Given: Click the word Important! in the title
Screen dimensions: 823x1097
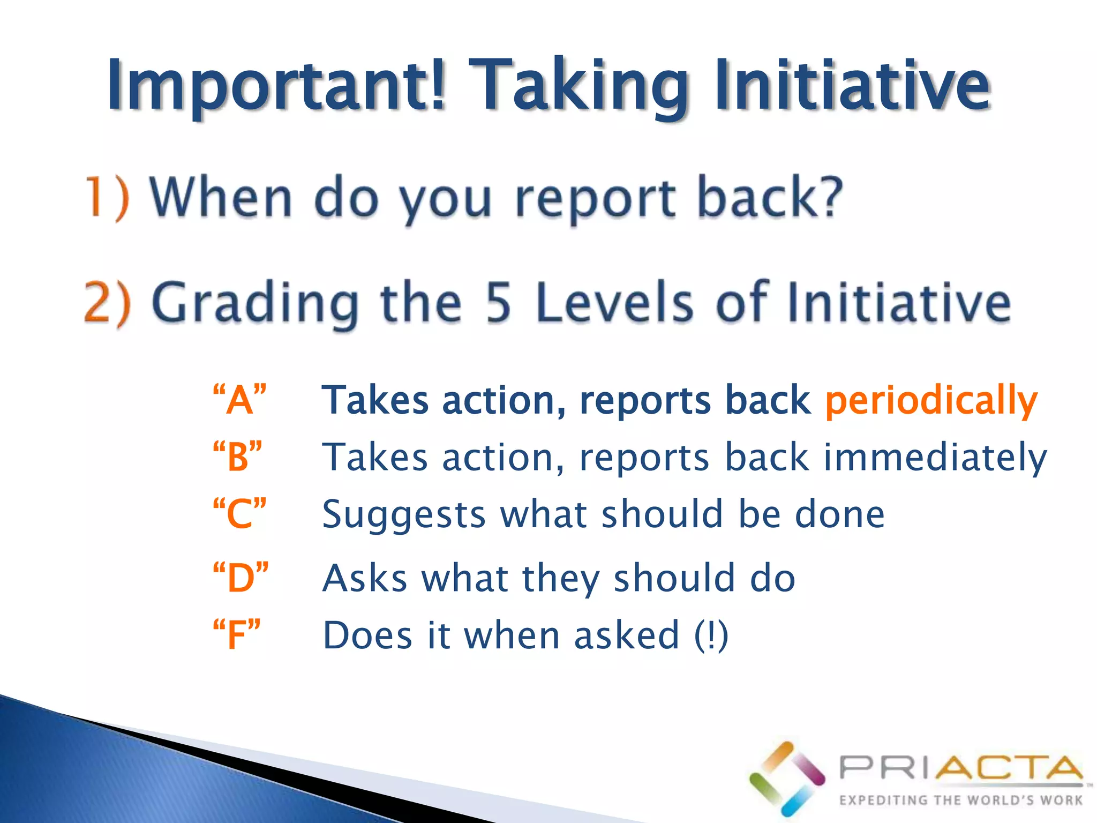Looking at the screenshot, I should (276, 86).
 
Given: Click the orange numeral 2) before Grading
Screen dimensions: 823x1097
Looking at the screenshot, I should (107, 303).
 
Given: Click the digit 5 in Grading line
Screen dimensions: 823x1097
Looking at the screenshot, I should (498, 303).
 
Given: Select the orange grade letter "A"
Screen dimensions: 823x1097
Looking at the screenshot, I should (239, 399).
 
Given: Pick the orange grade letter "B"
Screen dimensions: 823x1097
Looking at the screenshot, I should (237, 457).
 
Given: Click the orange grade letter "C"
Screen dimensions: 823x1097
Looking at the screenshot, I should (239, 513).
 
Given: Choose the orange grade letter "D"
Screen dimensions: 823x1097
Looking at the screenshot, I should (241, 578).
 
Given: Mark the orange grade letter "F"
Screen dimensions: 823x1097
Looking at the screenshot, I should (236, 635).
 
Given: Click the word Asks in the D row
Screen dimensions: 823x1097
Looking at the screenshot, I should (365, 578).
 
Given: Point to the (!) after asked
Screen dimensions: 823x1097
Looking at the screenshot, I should (711, 635).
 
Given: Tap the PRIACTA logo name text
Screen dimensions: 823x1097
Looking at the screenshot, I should (960, 768).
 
